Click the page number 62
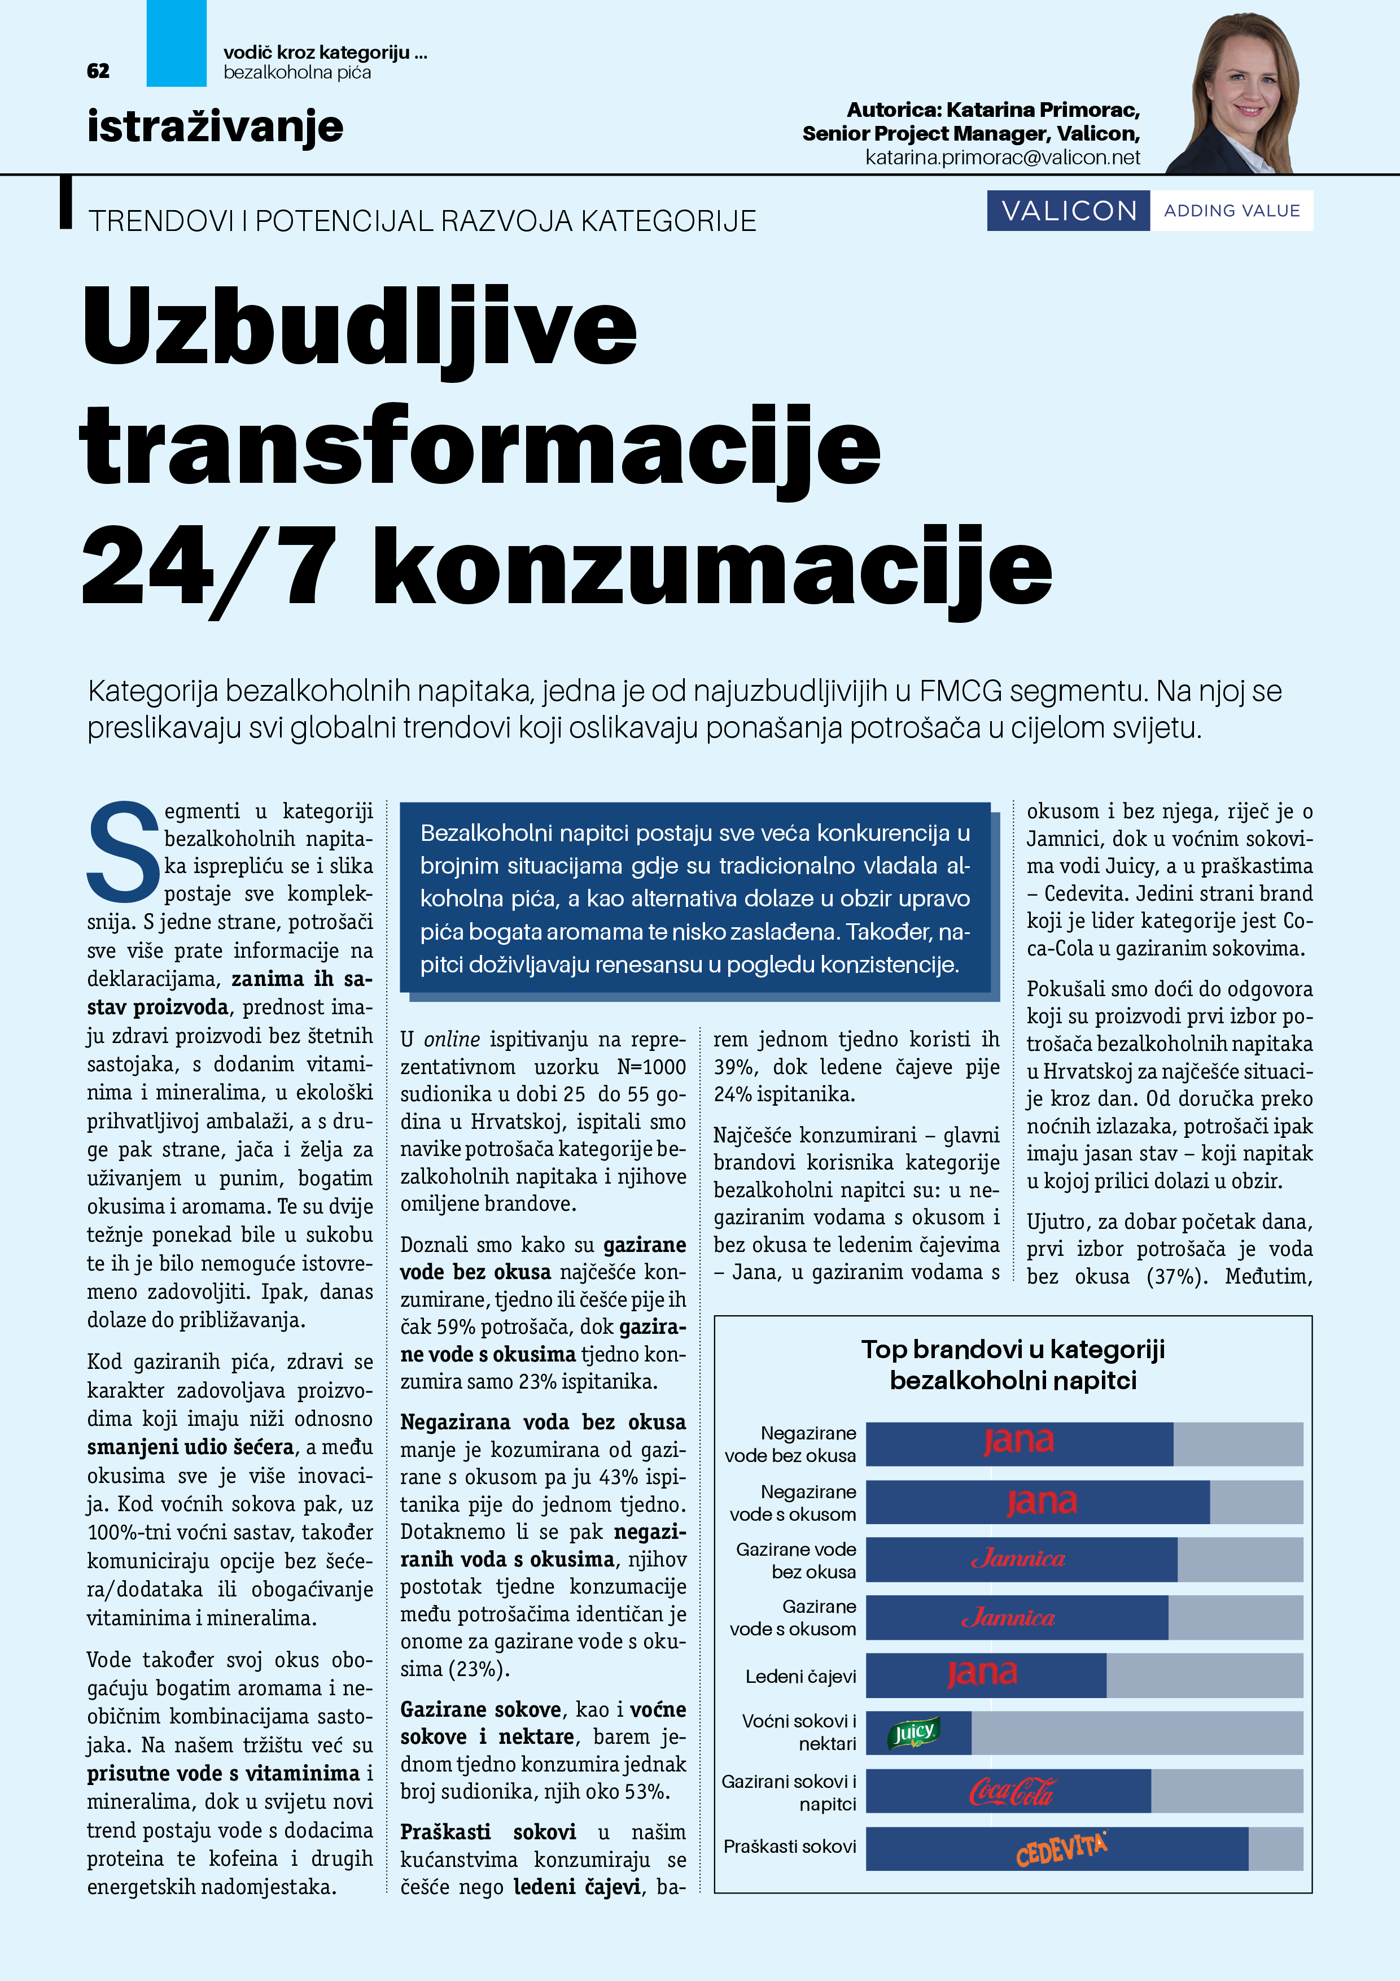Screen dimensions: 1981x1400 point(98,71)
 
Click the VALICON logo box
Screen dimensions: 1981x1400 point(1068,211)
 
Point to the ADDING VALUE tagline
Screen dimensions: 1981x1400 point(1231,211)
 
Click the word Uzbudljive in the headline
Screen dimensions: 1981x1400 point(360,328)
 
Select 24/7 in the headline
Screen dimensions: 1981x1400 point(207,569)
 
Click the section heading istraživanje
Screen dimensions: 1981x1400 point(215,127)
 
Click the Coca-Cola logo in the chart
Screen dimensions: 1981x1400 point(1011,1792)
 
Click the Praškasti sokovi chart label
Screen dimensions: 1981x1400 point(789,1847)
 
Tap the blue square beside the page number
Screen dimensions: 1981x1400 point(176,43)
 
